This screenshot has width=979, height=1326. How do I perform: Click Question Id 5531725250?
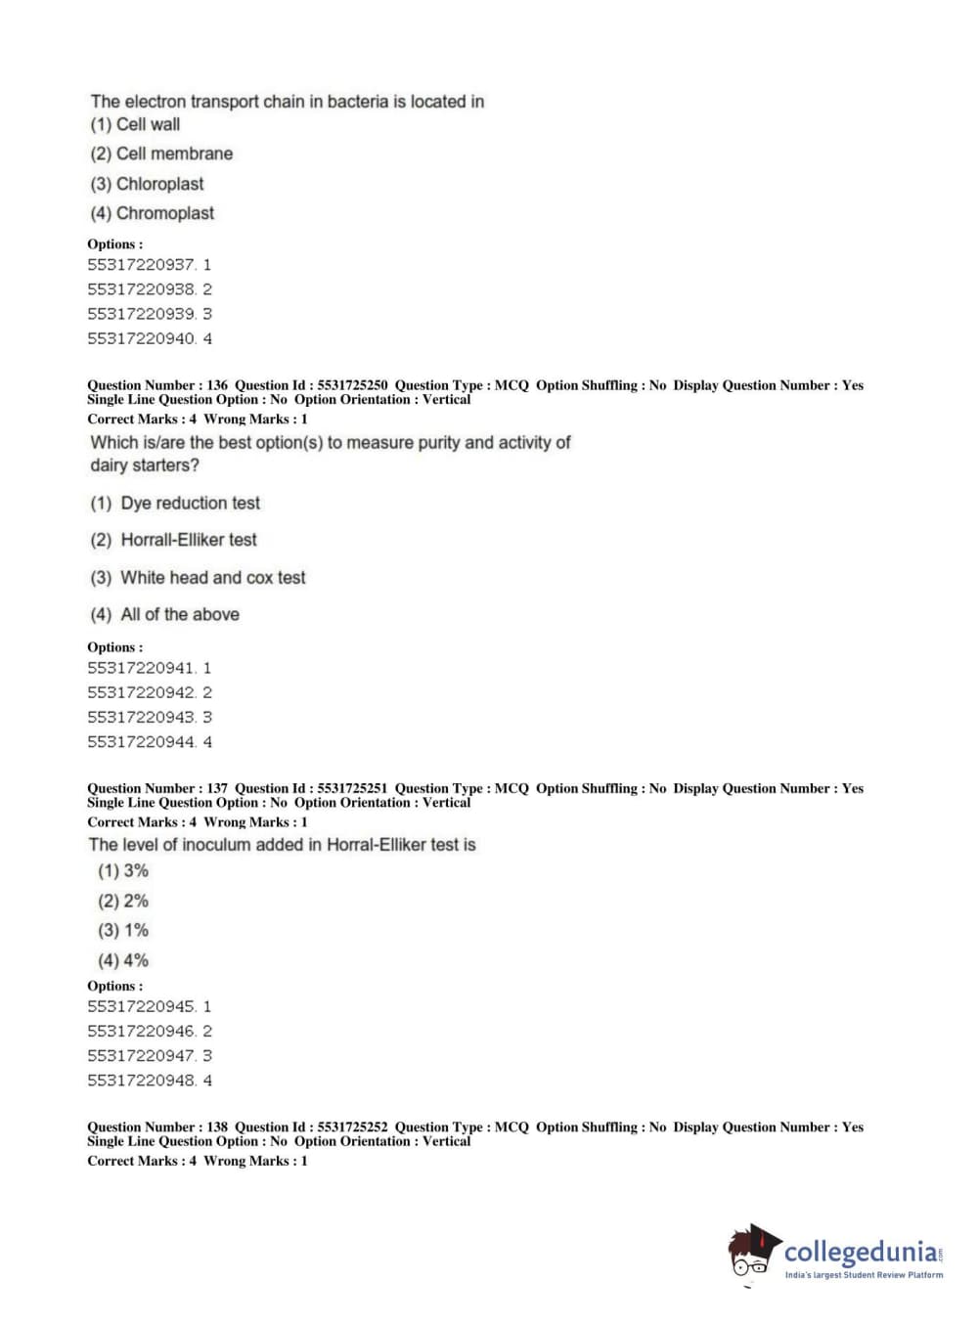coord(352,385)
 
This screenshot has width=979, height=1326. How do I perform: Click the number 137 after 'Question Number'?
coord(217,788)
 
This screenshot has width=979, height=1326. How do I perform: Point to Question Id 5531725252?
coord(352,1127)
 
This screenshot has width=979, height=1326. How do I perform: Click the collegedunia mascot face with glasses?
coord(751,1254)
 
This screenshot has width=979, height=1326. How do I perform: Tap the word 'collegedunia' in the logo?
coord(860,1252)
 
